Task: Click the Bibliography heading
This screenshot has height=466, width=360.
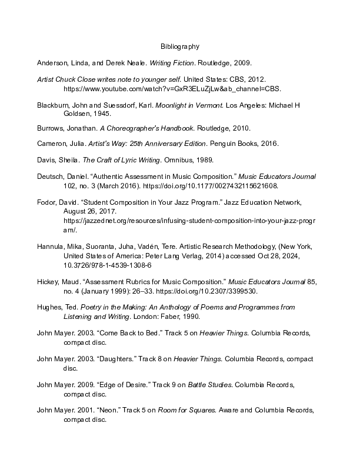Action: coord(180,46)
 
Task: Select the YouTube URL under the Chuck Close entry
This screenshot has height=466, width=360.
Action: coord(172,89)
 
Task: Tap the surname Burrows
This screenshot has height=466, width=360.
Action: coord(51,128)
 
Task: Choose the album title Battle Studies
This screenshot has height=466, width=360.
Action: coord(205,384)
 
